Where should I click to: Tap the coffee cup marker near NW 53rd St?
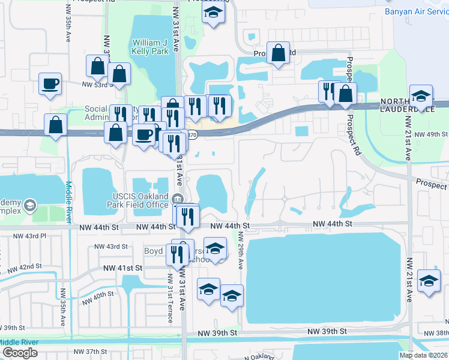(x=50, y=83)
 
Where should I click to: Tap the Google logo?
(x=20, y=353)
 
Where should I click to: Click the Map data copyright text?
(x=423, y=355)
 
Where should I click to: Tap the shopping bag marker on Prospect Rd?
(x=279, y=53)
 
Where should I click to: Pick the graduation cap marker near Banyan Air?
(x=421, y=95)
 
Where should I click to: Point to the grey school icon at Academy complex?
(x=29, y=208)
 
